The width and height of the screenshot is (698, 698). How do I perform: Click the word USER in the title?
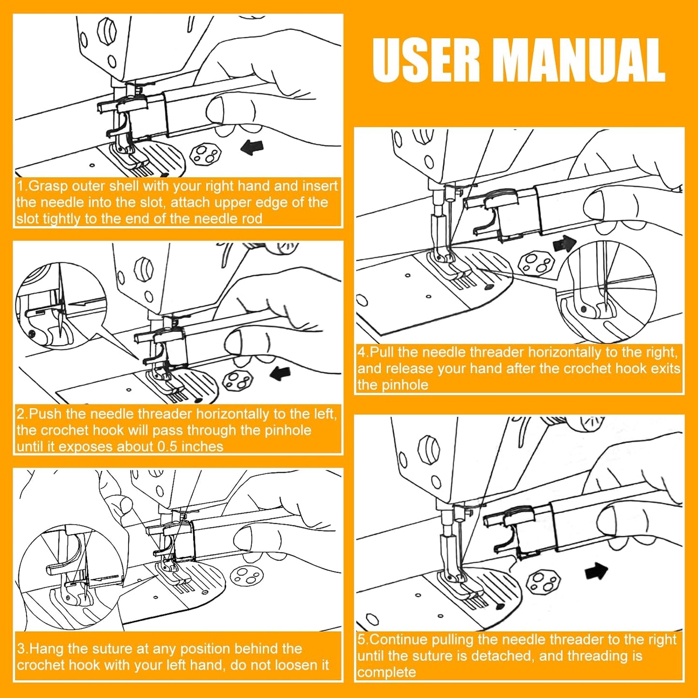click(426, 60)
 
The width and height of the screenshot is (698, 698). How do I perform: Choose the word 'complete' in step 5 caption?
click(386, 672)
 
